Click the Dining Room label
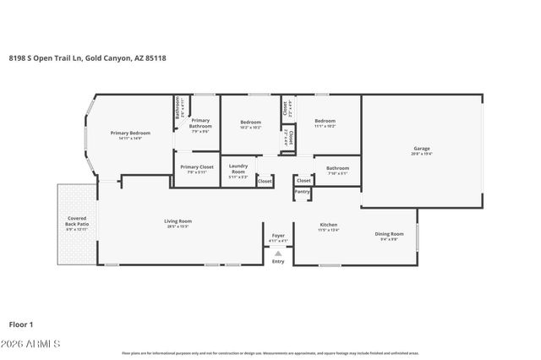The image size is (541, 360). point(390,235)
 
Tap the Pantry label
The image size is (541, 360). point(302,192)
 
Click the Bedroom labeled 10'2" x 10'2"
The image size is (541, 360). point(250,123)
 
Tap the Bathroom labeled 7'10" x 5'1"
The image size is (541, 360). point(337,170)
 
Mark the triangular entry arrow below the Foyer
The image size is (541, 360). point(278,253)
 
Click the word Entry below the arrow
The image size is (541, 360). point(278,261)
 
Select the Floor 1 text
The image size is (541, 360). point(20,324)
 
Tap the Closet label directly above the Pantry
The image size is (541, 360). point(303,180)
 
